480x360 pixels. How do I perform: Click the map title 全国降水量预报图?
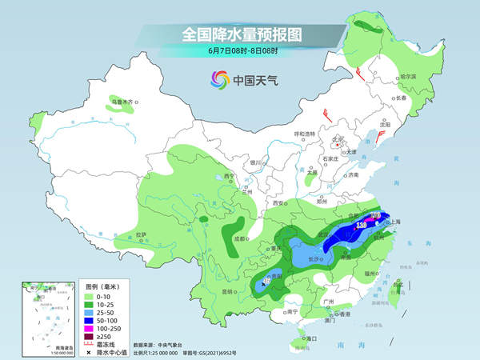(x=240, y=34)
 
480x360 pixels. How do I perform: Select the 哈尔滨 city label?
(x=386, y=76)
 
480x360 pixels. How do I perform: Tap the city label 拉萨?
(x=142, y=234)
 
